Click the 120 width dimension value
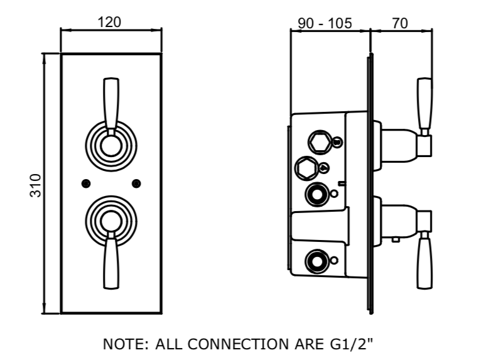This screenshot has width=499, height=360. click(x=110, y=22)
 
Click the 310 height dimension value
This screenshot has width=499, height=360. click(x=36, y=185)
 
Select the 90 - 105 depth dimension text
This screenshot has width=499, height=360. click(x=325, y=23)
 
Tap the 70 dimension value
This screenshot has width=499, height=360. click(x=400, y=23)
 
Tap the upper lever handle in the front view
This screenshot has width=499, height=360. click(x=111, y=104)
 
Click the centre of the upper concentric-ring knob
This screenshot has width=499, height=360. click(x=110, y=148)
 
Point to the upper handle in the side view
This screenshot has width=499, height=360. click(x=425, y=104)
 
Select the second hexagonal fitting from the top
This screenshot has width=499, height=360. click(x=306, y=168)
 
